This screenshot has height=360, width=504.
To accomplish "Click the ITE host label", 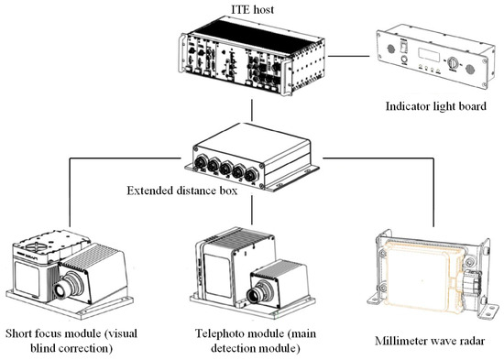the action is [x=252, y=9].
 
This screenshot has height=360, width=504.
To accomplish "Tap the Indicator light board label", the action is [x=436, y=106].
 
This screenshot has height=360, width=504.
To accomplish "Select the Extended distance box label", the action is [x=182, y=191].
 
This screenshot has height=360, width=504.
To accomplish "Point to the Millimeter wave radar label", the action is [x=430, y=341].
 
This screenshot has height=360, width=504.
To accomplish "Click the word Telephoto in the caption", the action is [x=217, y=333].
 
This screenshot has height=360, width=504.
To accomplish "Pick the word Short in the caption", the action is [x=19, y=333].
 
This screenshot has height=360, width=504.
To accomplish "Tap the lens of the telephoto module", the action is [x=256, y=294].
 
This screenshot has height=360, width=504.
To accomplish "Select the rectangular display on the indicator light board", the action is [x=429, y=55].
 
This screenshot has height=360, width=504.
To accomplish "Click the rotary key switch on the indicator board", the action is [x=453, y=62].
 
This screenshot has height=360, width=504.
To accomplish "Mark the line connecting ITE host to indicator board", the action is [x=349, y=56].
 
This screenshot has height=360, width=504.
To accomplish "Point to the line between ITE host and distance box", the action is [x=252, y=110].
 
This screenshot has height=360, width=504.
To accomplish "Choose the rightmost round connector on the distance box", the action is [x=251, y=176].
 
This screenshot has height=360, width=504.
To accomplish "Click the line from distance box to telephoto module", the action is [x=252, y=211].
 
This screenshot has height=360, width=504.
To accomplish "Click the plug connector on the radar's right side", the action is [x=472, y=283].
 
